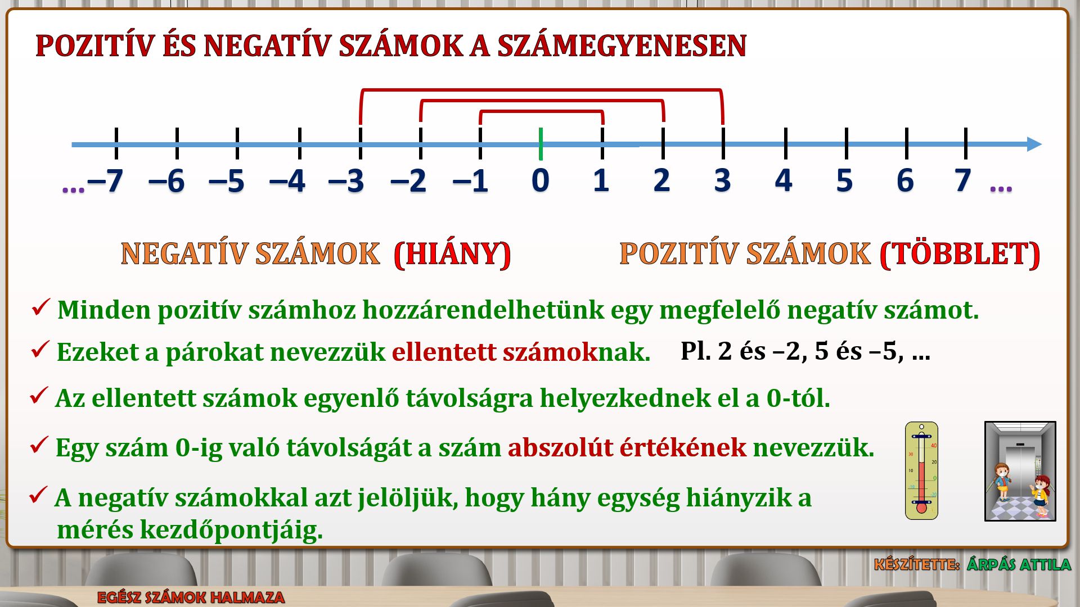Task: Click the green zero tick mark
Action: [x=541, y=144]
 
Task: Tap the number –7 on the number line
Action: [x=105, y=181]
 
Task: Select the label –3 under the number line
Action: [x=346, y=181]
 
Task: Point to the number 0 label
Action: [x=540, y=180]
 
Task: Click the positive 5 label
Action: [x=844, y=180]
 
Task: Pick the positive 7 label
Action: [x=963, y=180]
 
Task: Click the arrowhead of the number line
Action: [x=1034, y=144]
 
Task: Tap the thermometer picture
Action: [x=921, y=470]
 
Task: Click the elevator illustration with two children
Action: [x=1020, y=471]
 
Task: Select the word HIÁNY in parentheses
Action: [x=452, y=254]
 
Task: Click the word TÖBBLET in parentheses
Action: [x=960, y=254]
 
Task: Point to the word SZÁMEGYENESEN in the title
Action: [x=622, y=46]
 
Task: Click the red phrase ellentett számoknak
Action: [x=521, y=352]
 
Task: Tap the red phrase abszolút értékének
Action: [x=627, y=448]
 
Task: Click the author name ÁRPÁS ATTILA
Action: [x=1019, y=564]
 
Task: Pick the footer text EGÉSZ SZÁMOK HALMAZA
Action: [x=191, y=597]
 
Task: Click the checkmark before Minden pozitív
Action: [x=41, y=307]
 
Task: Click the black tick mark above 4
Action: [x=785, y=143]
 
